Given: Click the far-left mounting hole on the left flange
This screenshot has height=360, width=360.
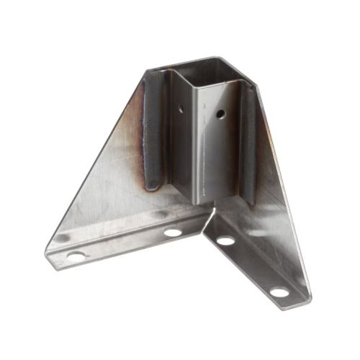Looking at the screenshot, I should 75,255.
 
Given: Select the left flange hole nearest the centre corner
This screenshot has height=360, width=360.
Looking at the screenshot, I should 172,233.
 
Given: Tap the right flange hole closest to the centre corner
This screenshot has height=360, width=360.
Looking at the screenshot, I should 225,240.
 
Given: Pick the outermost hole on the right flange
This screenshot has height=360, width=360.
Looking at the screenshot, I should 279,292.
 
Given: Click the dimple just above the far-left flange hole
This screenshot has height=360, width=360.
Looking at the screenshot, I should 64,238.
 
